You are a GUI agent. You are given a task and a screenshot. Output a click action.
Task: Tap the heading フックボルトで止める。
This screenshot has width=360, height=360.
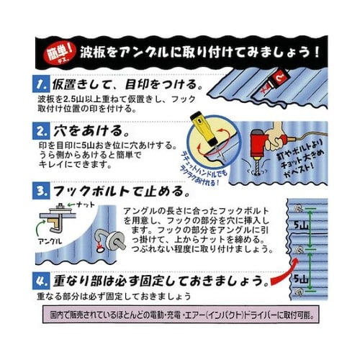(120, 192)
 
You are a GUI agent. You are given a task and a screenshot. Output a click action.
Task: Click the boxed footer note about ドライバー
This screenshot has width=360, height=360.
(180, 315)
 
